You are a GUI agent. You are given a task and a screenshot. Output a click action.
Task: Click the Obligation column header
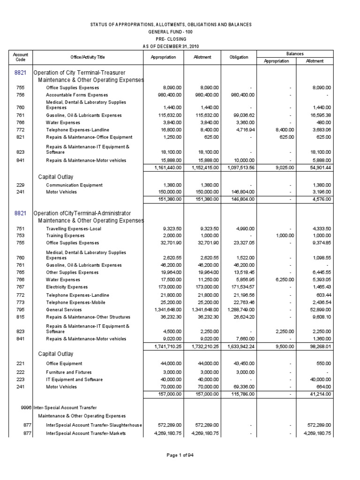[x=239, y=57]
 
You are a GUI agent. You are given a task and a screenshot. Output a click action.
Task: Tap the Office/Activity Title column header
[x=88, y=57]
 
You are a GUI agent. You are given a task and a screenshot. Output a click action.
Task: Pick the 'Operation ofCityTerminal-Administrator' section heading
[x=82, y=213]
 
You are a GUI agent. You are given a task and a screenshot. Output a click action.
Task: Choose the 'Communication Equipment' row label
[x=74, y=185]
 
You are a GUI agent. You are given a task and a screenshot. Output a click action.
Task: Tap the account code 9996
[x=26, y=407]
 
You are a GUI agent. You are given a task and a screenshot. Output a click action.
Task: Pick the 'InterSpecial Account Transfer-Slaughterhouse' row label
[x=94, y=425]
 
